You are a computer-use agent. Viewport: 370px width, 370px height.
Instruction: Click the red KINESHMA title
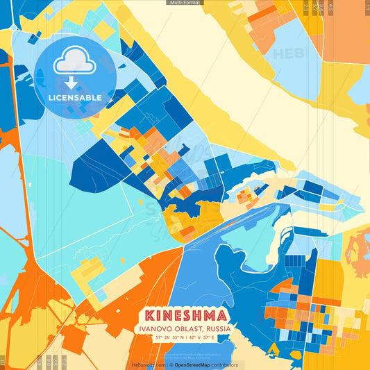(185, 315)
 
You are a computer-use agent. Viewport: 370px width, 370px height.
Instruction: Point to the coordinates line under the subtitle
(185, 338)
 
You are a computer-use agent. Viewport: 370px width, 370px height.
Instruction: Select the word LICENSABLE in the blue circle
(75, 98)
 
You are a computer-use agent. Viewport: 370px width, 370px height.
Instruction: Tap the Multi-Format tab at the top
(185, 3)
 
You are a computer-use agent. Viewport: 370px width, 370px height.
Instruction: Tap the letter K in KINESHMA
(149, 315)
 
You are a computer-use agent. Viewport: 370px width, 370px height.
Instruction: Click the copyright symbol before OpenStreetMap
(171, 364)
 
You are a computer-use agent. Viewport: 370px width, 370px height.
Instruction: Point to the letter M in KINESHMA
(210, 315)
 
